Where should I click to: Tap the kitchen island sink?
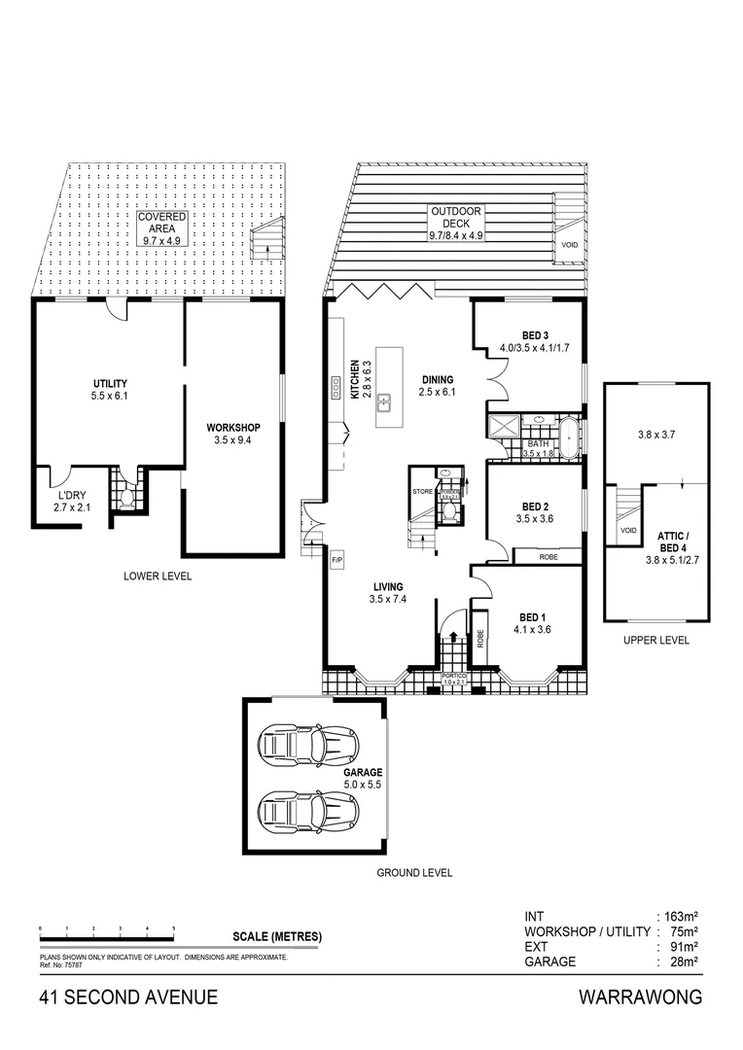385,400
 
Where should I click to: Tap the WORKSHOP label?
232,428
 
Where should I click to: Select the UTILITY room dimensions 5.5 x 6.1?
110,397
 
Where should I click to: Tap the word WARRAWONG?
640,997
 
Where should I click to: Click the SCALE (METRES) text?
277,937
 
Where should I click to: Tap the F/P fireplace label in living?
337,560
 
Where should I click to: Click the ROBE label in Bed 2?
548,557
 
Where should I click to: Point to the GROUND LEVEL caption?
414,873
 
